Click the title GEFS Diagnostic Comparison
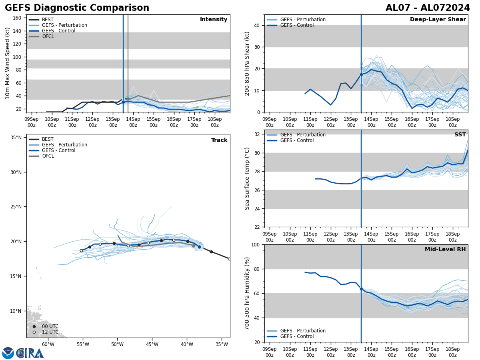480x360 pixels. [77, 8]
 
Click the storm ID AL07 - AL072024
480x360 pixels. [428, 8]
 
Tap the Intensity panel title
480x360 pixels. [214, 20]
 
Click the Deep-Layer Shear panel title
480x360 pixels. [438, 20]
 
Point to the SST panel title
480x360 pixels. [460, 135]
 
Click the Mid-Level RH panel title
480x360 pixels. [445, 250]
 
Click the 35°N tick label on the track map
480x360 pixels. [16, 138]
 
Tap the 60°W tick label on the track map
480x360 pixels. [48, 344]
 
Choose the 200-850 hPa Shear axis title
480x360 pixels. [247, 63]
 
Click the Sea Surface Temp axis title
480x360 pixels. [247, 178]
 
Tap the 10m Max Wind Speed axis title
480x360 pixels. [8, 63]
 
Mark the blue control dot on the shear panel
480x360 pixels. [361, 74]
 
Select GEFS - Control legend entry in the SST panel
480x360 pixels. [297, 140]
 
